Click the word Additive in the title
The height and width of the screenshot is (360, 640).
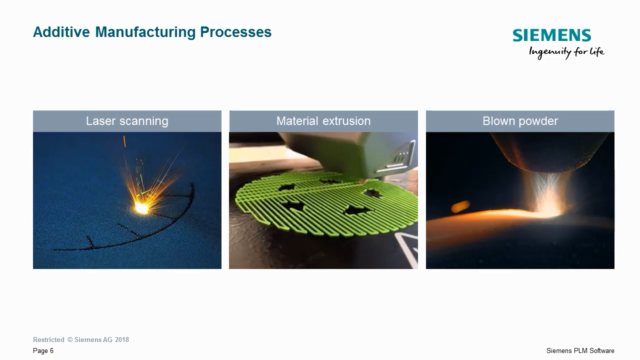[x=61, y=32]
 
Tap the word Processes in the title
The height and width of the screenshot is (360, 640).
[x=235, y=32]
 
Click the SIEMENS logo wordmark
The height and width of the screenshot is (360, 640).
[x=551, y=35]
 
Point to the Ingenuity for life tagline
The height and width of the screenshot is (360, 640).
[x=566, y=52]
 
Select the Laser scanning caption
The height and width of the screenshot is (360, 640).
[x=127, y=121]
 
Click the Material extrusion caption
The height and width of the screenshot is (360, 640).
[x=323, y=121]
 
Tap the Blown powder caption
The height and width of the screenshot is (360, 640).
[x=520, y=121]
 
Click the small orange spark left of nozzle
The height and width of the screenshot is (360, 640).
[x=460, y=206]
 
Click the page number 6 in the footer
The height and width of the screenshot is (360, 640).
[x=51, y=351]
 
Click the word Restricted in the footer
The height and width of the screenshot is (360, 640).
[x=48, y=340]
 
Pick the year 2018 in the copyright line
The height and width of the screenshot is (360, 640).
[x=122, y=340]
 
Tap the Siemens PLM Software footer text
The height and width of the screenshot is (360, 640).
[x=580, y=351]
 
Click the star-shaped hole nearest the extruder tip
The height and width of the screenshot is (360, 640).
[x=373, y=192]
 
